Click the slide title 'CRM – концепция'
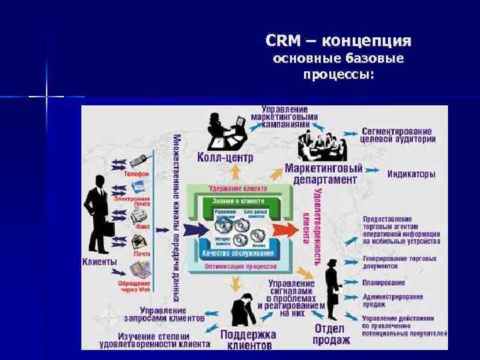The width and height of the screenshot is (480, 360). click(x=338, y=41)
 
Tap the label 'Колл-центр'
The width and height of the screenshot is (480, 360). click(x=225, y=158)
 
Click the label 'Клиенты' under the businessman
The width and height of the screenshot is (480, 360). click(x=99, y=262)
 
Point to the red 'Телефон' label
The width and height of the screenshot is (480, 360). click(x=136, y=173)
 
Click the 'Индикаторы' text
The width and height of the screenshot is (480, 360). click(x=411, y=174)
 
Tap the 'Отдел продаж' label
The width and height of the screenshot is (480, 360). click(x=331, y=334)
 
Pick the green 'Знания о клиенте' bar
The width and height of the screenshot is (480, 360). click(x=238, y=201)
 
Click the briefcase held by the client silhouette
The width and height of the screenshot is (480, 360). click(x=106, y=229)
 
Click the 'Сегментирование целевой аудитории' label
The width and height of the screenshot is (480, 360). click(x=398, y=135)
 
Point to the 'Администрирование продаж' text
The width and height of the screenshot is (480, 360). click(x=393, y=300)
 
